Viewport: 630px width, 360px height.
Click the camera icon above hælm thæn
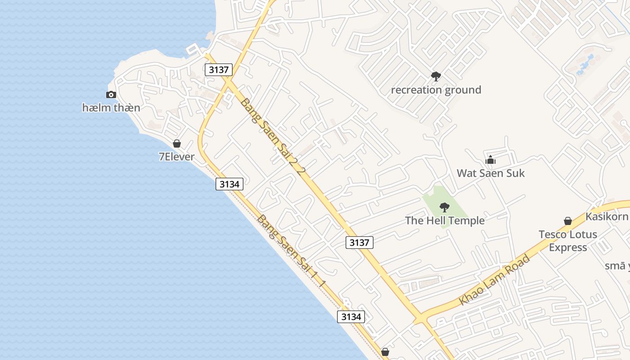(111, 94)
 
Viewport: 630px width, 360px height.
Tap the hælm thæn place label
(111, 108)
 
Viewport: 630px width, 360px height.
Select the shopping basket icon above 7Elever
(177, 144)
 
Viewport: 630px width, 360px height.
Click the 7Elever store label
(177, 157)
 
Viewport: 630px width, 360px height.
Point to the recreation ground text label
(436, 90)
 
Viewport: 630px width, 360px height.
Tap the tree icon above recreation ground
(436, 76)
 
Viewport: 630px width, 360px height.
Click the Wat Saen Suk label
(490, 173)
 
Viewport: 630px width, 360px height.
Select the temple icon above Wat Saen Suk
(490, 160)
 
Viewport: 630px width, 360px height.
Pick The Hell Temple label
(445, 220)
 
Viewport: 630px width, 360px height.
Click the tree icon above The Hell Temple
(445, 207)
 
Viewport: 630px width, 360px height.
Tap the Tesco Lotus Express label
(568, 241)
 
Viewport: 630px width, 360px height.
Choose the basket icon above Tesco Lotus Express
(568, 221)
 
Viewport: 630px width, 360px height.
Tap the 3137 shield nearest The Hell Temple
(360, 243)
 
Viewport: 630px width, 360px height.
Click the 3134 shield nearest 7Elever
(229, 184)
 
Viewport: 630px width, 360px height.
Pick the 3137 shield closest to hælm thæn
(219, 70)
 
